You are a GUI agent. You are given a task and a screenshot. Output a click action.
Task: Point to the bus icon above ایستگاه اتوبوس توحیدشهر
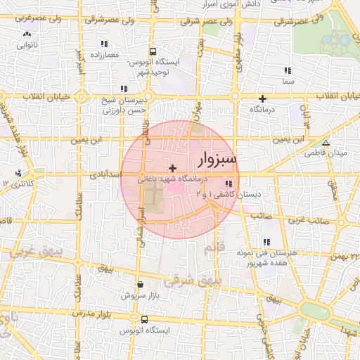[x=153, y=51]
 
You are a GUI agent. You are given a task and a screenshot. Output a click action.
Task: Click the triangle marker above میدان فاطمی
[x=325, y=142]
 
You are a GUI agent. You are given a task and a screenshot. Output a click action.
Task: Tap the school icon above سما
[x=287, y=71]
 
